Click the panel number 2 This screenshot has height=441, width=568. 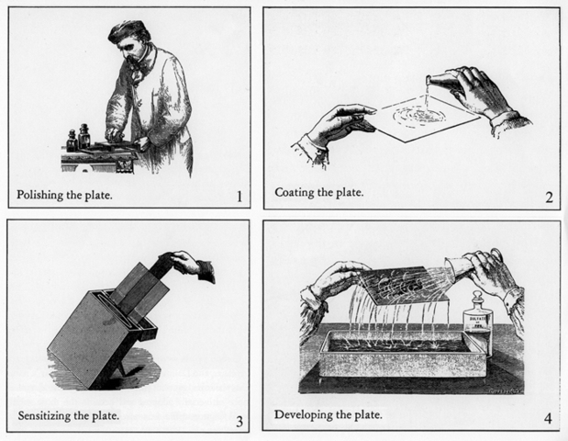tap(548, 197)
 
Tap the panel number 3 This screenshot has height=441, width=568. tap(239, 422)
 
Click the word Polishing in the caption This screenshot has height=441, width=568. tap(43, 195)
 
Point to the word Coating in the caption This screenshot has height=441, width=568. tap(295, 194)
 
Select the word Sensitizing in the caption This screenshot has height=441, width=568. tap(47, 416)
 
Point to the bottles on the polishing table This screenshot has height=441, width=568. tap(78, 139)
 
